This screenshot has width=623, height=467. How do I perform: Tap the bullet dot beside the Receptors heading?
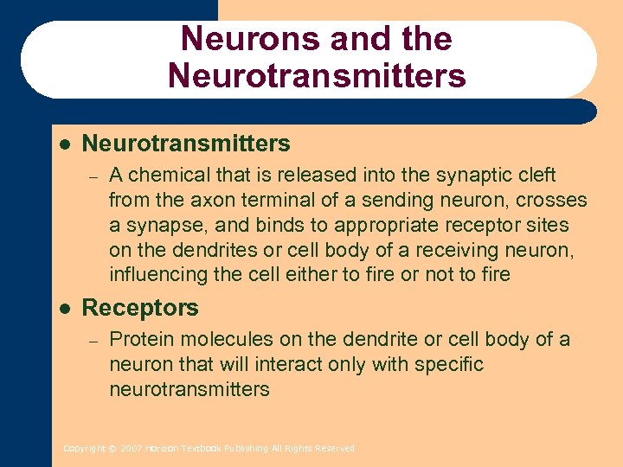(66, 308)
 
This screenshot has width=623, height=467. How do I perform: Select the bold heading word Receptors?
(140, 308)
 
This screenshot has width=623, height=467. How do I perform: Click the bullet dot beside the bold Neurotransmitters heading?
(66, 143)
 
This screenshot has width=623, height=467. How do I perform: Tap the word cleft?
(536, 176)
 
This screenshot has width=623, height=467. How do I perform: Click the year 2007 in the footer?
(131, 449)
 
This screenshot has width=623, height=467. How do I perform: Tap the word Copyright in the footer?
(84, 449)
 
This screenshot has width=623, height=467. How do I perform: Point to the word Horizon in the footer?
(161, 449)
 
